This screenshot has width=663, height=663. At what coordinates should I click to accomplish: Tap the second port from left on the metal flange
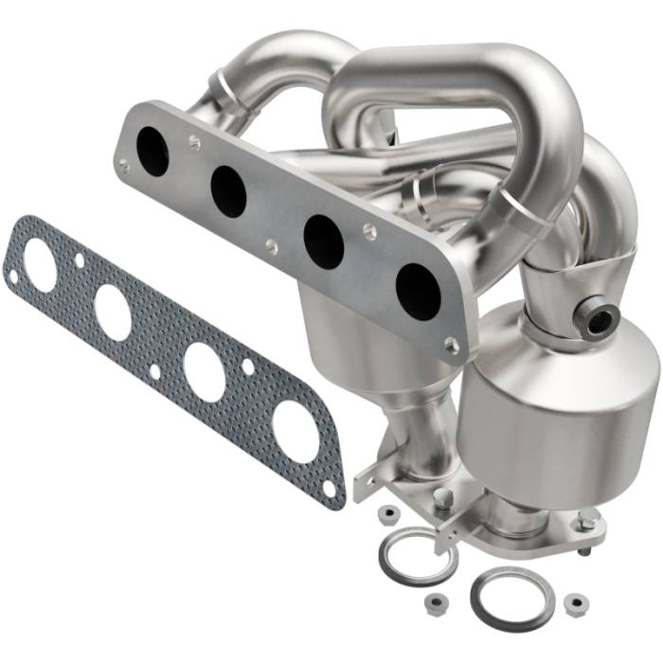(x=228, y=190)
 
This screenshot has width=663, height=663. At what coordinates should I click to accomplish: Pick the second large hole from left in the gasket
(x=113, y=313)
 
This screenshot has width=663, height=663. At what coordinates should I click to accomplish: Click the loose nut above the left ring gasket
(x=387, y=514)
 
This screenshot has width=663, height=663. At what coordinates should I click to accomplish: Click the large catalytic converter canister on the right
(x=549, y=417)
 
